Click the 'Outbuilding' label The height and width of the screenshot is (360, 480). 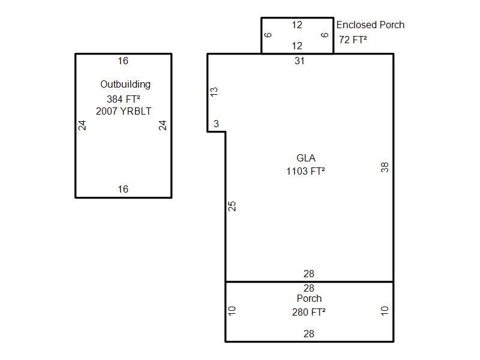(125, 85)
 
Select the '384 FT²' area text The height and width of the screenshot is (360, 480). (124, 99)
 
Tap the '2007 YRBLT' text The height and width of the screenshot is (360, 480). (124, 111)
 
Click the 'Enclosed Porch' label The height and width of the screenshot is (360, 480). (370, 25)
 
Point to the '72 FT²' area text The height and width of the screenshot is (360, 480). (353, 40)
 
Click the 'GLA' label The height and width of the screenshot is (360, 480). (306, 158)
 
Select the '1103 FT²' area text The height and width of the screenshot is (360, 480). (305, 171)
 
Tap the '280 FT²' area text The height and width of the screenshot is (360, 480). (308, 312)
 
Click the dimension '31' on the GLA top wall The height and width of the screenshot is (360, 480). (299, 61)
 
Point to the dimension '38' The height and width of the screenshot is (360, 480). (385, 167)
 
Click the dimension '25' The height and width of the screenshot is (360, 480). (232, 206)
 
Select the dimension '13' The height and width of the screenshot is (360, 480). (214, 92)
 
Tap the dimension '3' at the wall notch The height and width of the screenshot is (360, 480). (216, 124)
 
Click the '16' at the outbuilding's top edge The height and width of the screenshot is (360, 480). (123, 61)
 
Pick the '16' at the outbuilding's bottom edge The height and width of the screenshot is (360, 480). (123, 189)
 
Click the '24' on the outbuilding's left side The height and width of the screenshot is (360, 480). (82, 125)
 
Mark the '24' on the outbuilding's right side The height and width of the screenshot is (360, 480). (163, 125)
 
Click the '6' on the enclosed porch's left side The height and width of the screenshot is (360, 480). (268, 35)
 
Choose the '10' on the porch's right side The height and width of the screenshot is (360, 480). (385, 311)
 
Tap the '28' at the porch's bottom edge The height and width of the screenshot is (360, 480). (308, 334)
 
